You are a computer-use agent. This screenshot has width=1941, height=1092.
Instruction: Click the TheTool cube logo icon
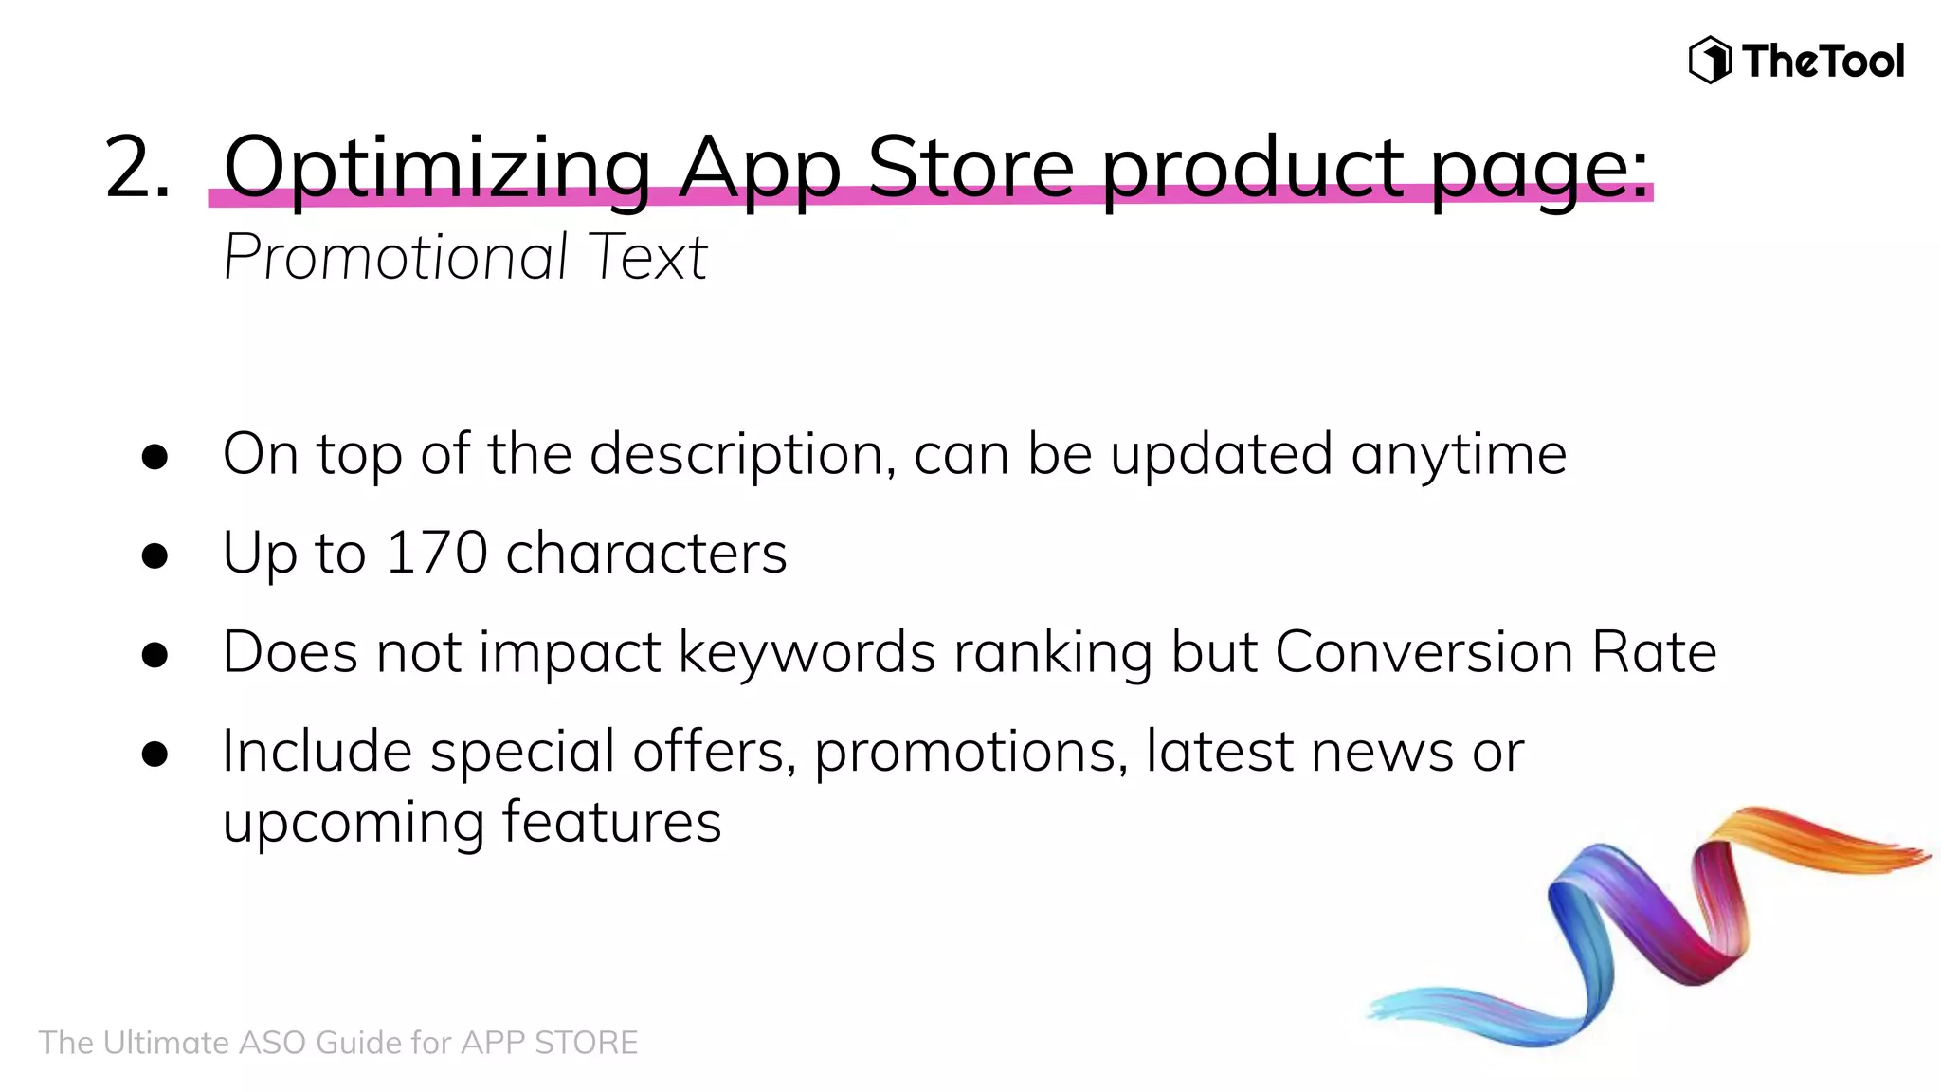[x=1710, y=61]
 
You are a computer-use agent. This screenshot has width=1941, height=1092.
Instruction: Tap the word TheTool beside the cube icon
[x=1823, y=62]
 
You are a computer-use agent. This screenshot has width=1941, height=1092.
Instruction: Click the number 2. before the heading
[x=138, y=168]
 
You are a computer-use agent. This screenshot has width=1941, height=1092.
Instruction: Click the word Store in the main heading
[x=970, y=168]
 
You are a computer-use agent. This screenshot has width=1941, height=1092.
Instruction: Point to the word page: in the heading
[x=1539, y=168]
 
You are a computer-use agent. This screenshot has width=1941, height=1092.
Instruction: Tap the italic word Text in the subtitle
[x=648, y=257]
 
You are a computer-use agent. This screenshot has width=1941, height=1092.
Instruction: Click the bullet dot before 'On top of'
[x=154, y=457]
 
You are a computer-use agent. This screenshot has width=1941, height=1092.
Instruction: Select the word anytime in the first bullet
[x=1459, y=455]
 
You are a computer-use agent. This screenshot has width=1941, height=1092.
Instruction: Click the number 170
[x=437, y=553]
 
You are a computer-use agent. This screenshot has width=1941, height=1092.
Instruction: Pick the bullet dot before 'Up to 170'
[x=154, y=555]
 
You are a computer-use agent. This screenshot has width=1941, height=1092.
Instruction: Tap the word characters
[x=646, y=554]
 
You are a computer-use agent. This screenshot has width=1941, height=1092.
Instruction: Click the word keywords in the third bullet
[x=807, y=653]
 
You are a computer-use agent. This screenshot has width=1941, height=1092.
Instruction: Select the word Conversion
[x=1424, y=652]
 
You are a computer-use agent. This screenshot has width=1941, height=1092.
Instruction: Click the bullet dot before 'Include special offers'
[x=154, y=755]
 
